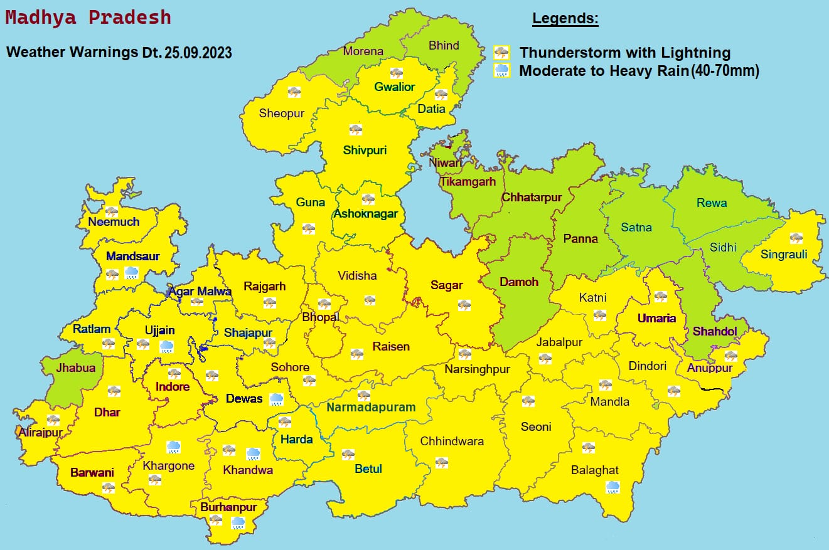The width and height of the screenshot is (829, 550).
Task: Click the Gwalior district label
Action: [395, 87]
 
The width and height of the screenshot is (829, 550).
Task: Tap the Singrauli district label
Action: [784, 254]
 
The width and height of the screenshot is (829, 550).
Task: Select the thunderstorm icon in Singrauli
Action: [796, 238]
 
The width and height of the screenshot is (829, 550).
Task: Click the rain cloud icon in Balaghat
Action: [612, 486]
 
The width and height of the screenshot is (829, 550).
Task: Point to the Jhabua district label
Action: [76, 368]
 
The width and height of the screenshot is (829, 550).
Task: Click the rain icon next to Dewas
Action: [276, 399]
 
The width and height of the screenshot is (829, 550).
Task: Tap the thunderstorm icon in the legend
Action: [501, 53]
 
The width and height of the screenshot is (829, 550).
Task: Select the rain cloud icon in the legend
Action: [501, 70]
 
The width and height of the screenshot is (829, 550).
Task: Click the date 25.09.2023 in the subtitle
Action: [198, 53]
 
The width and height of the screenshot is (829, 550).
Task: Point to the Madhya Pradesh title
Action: [88, 17]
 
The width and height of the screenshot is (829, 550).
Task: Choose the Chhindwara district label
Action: [452, 441]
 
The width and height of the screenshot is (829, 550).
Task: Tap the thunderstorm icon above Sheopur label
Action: [294, 92]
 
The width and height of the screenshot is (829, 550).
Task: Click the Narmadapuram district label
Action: [371, 407]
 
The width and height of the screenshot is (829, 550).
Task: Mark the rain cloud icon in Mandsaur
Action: [131, 272]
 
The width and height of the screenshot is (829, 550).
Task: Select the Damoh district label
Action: [519, 282]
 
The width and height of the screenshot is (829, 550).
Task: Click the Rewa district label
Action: [712, 203]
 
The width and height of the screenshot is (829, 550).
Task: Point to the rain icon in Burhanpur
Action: [238, 522]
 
